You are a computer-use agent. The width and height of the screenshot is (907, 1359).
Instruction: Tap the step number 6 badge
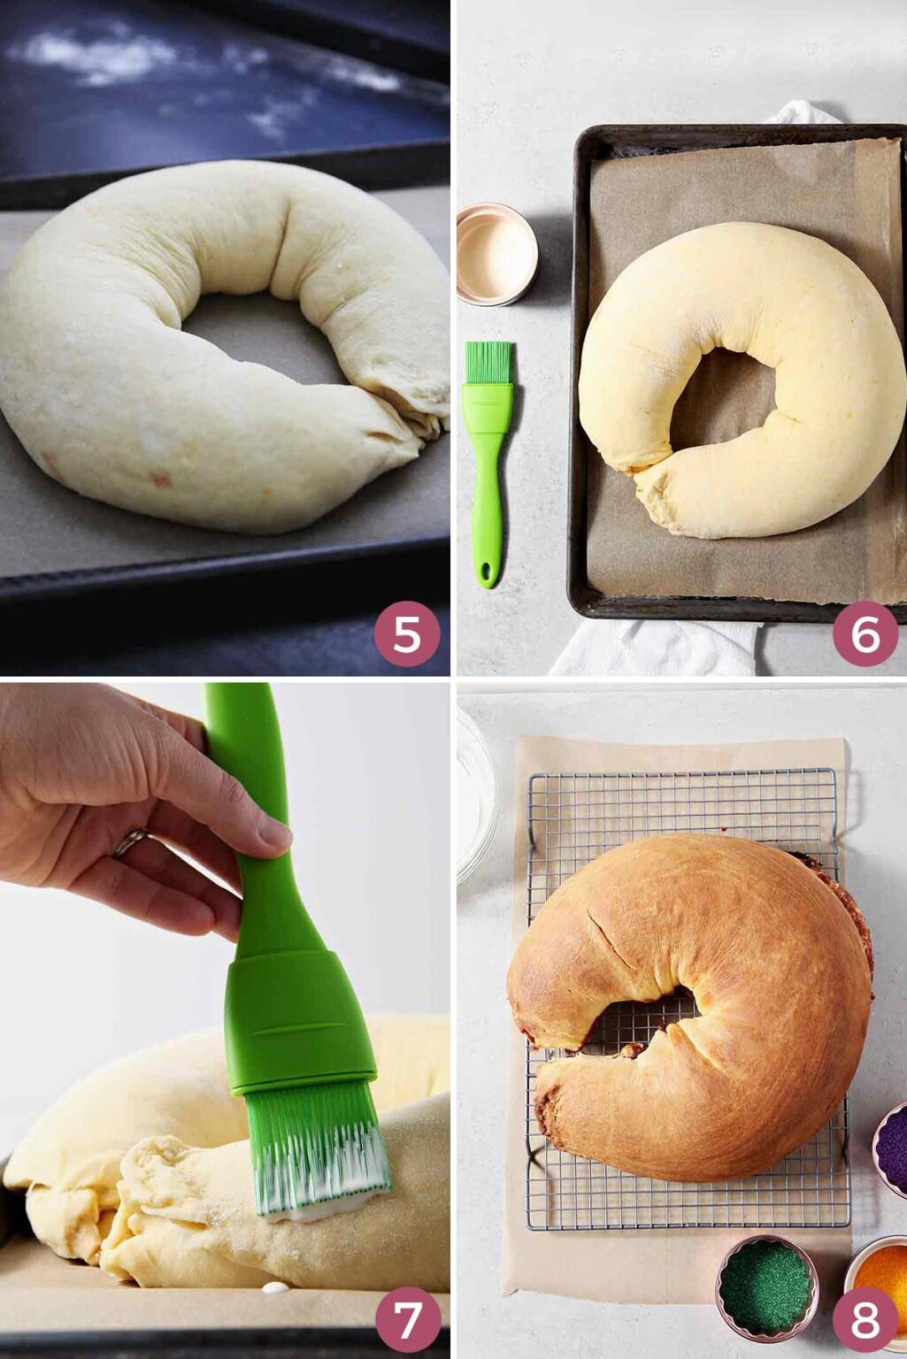coord(865,634)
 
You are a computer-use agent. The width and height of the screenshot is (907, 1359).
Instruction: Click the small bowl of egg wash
coord(497,254)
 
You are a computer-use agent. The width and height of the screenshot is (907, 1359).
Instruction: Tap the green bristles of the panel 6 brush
coord(488,362)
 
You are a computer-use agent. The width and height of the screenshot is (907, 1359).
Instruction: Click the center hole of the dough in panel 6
coord(725,401)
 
